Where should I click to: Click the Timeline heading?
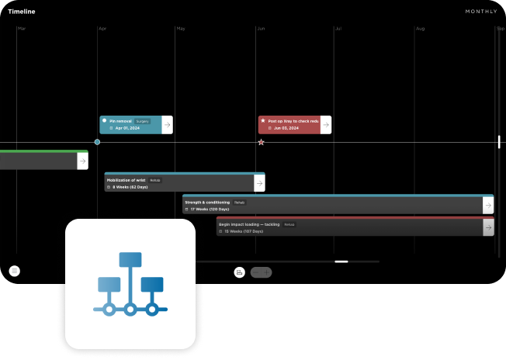pos(22,12)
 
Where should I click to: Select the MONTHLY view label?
pos(481,12)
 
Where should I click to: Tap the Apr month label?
pos(102,29)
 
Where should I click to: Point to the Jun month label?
pos(261,29)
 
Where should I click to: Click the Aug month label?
pos(420,29)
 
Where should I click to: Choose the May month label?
pos(181,29)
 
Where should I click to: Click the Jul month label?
pos(338,29)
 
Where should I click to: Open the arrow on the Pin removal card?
pos(167,125)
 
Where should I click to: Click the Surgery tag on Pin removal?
pos(142,121)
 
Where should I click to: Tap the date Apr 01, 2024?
pos(127,128)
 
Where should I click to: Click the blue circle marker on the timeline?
pos(97,142)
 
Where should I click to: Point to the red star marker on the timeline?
pos(261,142)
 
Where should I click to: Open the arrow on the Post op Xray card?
pos(325,125)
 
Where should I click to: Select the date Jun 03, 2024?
pos(286,128)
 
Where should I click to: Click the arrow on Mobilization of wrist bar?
pos(259,183)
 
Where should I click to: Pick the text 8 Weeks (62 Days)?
pos(130,187)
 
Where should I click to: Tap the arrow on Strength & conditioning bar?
pos(487,205)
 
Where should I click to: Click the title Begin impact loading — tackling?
pos(249,223)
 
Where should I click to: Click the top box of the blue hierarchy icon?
pos(130,260)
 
